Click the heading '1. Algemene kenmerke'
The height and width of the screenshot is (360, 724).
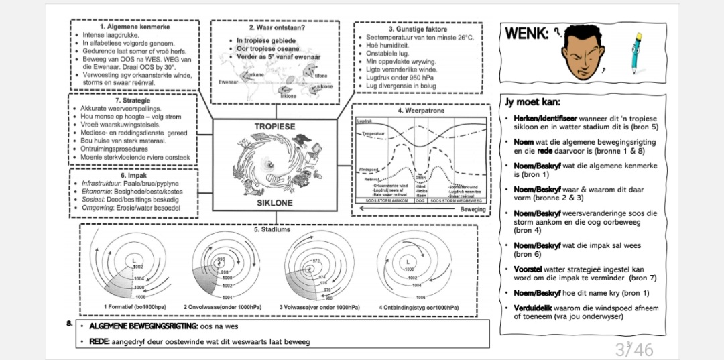[135, 27]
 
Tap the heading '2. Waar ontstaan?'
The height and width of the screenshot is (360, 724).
[278, 28]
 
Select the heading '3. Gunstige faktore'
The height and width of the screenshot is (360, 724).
[418, 29]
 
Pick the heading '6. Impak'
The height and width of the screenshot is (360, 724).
[133, 175]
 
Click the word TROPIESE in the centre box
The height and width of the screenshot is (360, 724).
[274, 127]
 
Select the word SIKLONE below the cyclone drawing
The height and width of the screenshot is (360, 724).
[275, 202]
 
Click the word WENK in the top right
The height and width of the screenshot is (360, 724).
[526, 33]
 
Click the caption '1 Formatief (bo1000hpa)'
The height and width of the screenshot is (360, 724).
[135, 307]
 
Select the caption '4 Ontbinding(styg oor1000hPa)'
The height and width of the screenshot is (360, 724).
[419, 307]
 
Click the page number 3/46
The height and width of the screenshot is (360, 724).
[633, 349]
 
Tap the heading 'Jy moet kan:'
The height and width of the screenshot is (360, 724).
[532, 102]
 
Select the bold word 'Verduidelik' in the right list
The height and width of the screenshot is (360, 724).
[532, 308]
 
